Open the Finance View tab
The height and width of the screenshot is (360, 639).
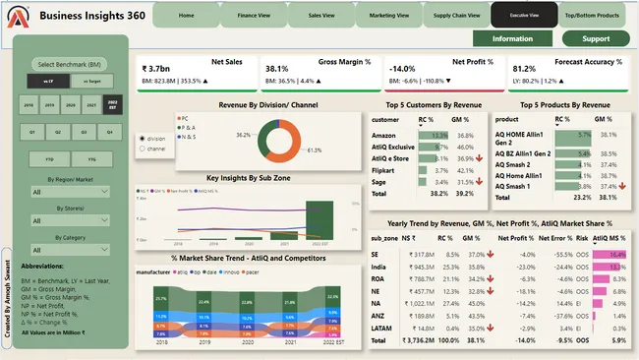pos(254,16)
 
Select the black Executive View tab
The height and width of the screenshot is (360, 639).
pos(522,16)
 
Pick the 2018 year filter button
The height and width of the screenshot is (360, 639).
pos(28,103)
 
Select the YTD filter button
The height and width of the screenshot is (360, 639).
pos(48,157)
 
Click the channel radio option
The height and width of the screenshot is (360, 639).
pos(143,149)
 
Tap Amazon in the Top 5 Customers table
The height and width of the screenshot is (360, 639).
pos(385,135)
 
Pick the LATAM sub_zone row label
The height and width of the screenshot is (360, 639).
pos(382,329)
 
